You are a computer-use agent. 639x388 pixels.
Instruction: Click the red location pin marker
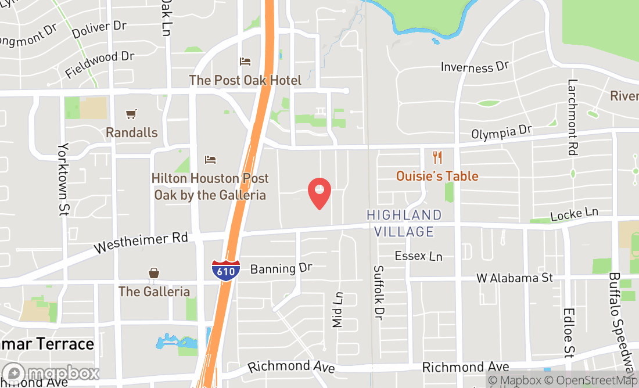(319, 193)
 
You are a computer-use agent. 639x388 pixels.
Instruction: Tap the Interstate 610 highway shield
(226, 271)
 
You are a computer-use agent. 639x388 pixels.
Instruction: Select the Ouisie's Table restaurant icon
(437, 157)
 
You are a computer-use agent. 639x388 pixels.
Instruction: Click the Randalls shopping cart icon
(132, 114)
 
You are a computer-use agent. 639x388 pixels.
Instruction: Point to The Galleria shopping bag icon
(154, 273)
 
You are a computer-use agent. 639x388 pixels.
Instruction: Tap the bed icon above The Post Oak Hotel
(245, 62)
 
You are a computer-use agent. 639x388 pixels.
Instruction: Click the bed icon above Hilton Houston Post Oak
(210, 160)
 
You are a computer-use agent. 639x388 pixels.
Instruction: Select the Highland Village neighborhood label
(404, 223)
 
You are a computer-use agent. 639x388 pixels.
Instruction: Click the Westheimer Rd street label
(141, 243)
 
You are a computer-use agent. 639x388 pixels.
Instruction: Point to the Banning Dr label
(281, 268)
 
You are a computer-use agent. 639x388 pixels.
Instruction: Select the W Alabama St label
(515, 278)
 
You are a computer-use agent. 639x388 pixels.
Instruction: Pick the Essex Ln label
(418, 256)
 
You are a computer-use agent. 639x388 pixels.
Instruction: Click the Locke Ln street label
(574, 214)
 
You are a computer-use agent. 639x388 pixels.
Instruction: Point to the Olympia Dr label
(501, 133)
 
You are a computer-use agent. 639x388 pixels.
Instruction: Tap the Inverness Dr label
(475, 67)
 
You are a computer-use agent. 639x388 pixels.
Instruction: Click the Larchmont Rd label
(573, 117)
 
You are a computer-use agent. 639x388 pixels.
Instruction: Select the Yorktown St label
(63, 179)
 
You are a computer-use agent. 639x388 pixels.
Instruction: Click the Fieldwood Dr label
(99, 64)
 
